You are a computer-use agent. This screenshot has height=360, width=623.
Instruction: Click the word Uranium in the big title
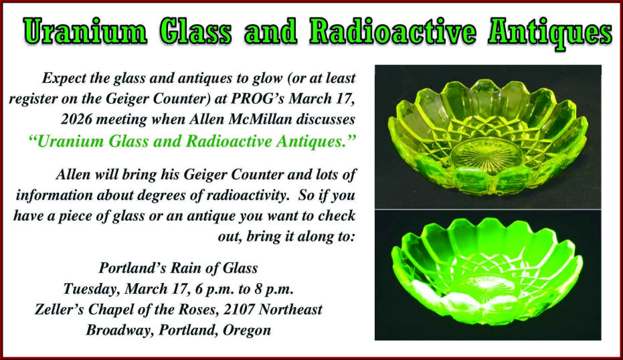pyautogui.click(x=88, y=31)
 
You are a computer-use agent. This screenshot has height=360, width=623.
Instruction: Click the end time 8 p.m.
pyautogui.click(x=271, y=289)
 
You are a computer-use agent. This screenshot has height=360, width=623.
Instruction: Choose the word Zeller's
pyautogui.click(x=62, y=310)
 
